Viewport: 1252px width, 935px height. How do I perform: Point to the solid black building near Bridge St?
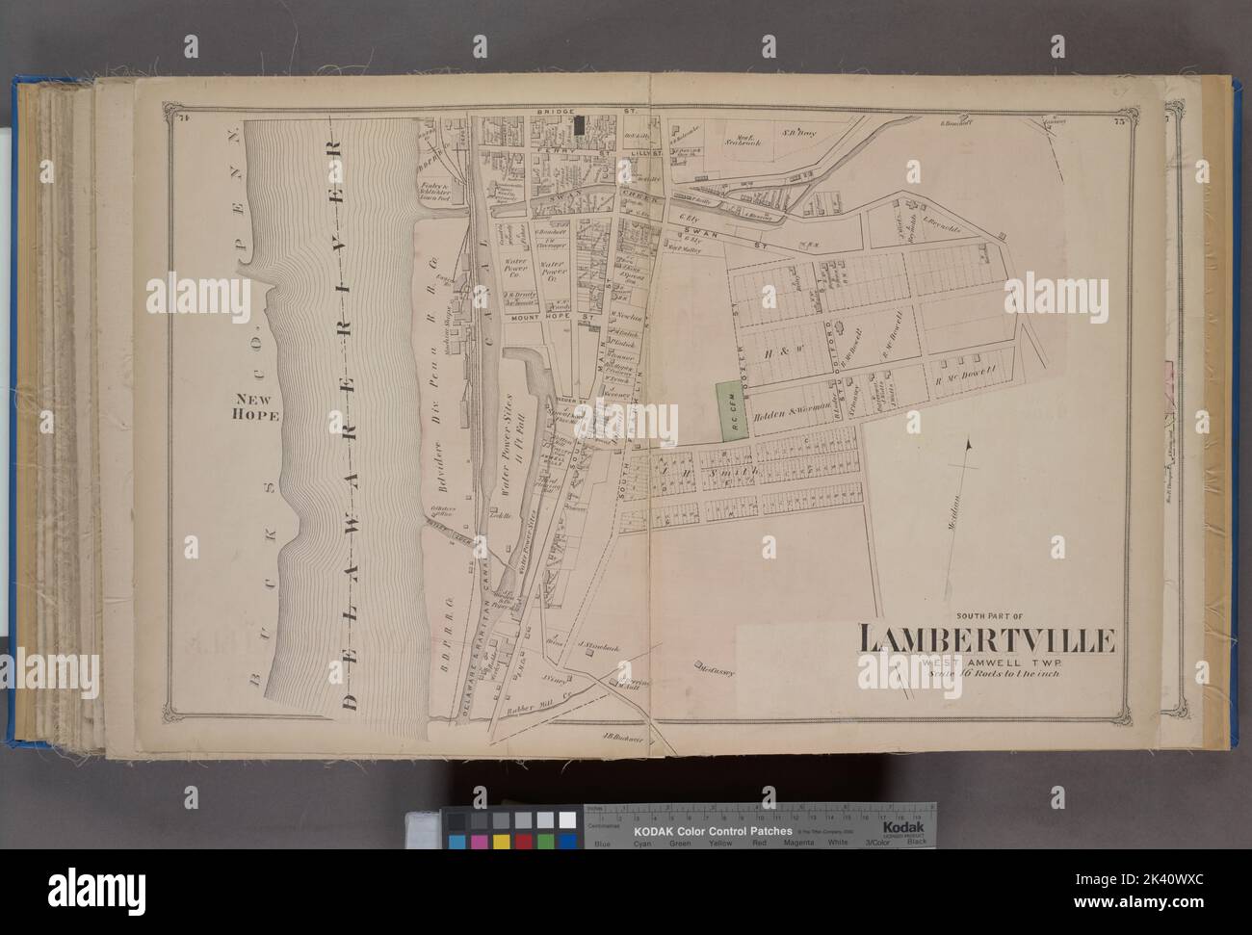click(580, 124)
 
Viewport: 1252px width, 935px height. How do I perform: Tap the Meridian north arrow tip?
click(968, 441)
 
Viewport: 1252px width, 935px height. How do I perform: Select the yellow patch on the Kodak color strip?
click(501, 842)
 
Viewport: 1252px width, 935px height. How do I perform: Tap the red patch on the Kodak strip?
click(524, 842)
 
